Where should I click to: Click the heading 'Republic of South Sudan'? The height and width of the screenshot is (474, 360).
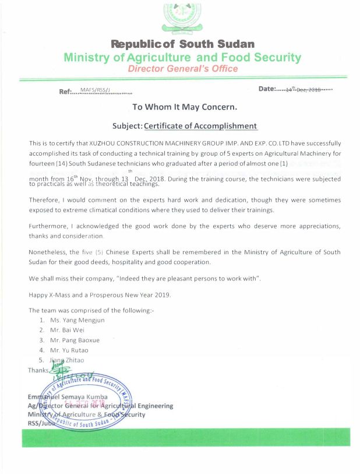[x=182, y=44]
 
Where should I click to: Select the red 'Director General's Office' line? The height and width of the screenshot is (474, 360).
[x=182, y=69]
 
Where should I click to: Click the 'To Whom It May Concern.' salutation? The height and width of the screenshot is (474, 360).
[x=184, y=107]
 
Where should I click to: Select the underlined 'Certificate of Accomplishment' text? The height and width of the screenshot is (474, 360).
[x=200, y=126]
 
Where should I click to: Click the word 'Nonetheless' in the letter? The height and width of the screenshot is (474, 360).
[x=48, y=252]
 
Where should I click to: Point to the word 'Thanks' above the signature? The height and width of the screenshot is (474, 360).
[x=39, y=370]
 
